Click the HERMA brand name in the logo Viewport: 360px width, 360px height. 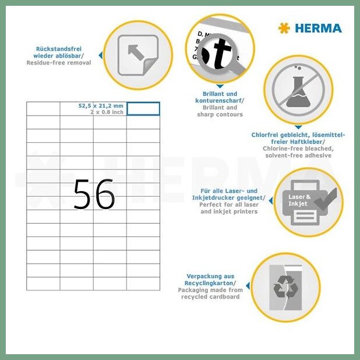(x=318, y=28)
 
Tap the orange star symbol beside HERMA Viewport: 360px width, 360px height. (x=284, y=28)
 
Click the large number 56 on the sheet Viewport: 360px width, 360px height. (x=94, y=195)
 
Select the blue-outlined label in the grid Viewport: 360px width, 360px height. (x=143, y=109)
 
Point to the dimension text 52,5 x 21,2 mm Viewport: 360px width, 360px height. (x=101, y=106)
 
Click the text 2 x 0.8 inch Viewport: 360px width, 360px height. (x=107, y=112)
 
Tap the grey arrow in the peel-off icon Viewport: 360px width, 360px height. (x=136, y=53)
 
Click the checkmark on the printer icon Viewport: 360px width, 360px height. (x=326, y=199)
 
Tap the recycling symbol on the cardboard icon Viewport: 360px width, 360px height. (x=286, y=286)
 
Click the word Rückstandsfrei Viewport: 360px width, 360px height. (x=59, y=49)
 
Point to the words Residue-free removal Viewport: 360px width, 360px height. (x=59, y=63)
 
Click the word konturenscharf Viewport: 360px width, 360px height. (x=219, y=100)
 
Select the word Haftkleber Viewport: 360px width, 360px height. (x=307, y=142)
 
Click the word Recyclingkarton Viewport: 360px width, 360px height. (x=209, y=283)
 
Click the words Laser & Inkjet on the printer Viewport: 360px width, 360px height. (x=300, y=200)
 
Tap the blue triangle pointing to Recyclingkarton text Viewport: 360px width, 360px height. (x=248, y=286)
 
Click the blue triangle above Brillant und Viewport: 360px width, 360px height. (x=220, y=87)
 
